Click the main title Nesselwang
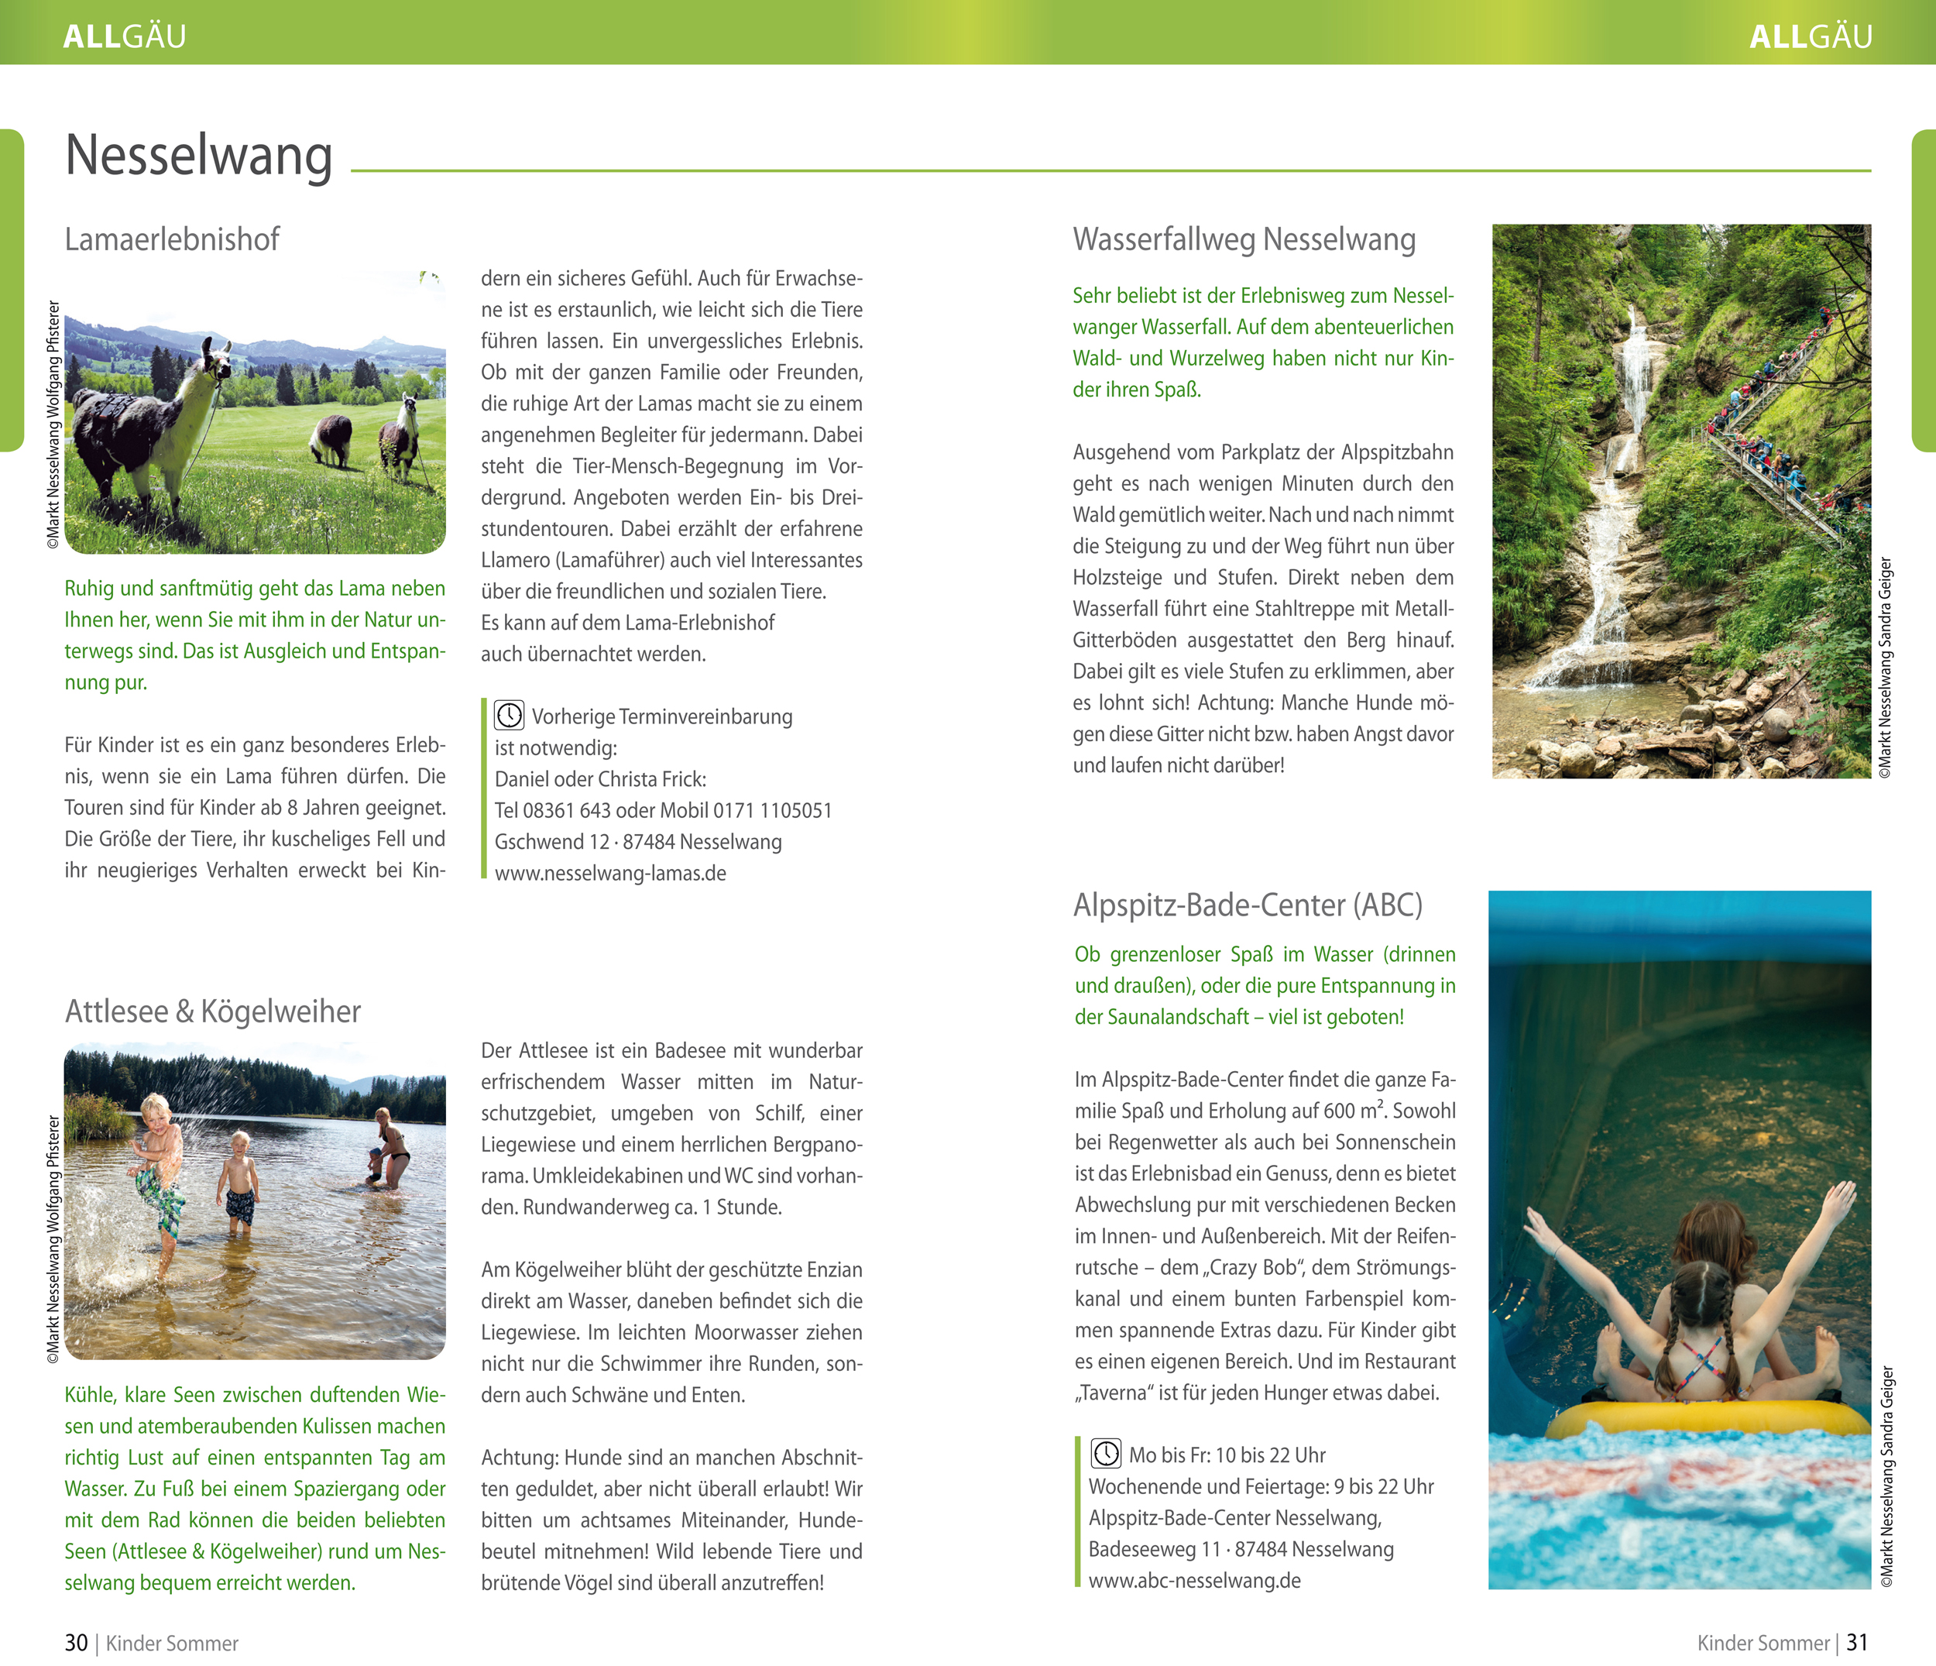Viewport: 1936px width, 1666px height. click(x=198, y=156)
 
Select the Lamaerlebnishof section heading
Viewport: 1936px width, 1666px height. click(x=172, y=239)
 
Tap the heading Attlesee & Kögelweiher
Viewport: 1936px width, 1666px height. click(x=212, y=1011)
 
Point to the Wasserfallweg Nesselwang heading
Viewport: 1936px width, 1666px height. click(x=1244, y=239)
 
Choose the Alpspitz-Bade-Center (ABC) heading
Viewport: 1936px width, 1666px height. click(x=1248, y=905)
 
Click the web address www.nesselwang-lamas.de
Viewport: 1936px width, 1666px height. click(x=610, y=874)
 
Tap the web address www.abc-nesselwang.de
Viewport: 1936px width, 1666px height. click(x=1194, y=1581)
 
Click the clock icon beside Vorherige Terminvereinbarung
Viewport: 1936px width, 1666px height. click(x=510, y=716)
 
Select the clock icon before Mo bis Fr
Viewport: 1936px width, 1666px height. click(x=1107, y=1454)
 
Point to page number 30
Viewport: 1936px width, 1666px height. click(x=76, y=1643)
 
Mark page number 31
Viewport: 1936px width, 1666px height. click(x=1858, y=1643)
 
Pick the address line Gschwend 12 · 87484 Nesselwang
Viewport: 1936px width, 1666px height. click(x=638, y=842)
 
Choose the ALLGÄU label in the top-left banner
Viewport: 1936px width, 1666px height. click(x=124, y=36)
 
